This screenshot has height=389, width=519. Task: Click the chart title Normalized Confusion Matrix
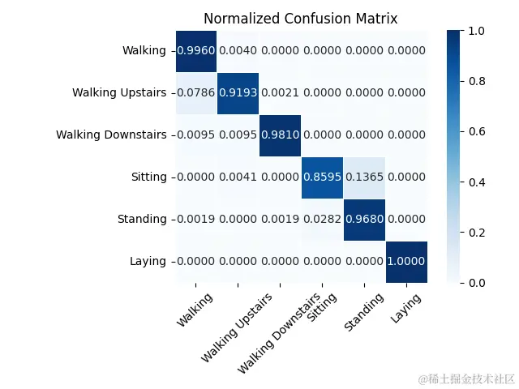point(300,18)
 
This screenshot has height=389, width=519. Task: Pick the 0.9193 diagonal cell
point(238,92)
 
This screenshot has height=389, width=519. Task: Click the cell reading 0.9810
point(281,135)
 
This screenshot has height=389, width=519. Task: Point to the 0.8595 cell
point(323,177)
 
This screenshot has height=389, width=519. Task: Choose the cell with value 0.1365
point(364,177)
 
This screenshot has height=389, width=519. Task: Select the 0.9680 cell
point(364,219)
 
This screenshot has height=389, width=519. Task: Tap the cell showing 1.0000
point(406,261)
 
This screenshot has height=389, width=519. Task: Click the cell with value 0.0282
point(323,219)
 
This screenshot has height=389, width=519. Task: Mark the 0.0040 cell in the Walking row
point(238,51)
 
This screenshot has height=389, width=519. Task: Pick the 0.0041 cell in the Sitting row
point(238,177)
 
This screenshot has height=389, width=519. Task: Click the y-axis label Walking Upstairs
point(118,92)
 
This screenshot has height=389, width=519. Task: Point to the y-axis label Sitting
point(148,177)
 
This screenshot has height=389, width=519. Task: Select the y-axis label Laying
point(148,261)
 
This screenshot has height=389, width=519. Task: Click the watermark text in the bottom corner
point(466,378)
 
